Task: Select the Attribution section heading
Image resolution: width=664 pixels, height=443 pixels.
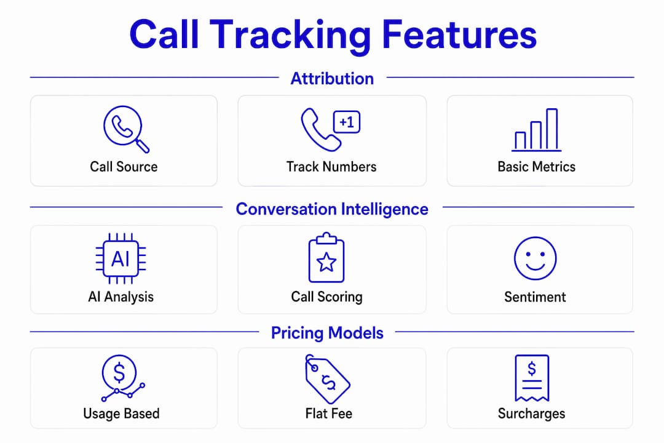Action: pyautogui.click(x=332, y=79)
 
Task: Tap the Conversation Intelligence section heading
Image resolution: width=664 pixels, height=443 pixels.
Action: pyautogui.click(x=332, y=209)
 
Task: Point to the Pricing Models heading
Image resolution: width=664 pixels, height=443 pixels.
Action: pyautogui.click(x=327, y=333)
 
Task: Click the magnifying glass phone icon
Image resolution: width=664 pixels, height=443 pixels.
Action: pyautogui.click(x=126, y=129)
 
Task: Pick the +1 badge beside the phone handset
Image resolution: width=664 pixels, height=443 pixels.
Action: pyautogui.click(x=347, y=122)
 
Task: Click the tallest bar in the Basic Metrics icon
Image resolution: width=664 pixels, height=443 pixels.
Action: pyautogui.click(x=551, y=129)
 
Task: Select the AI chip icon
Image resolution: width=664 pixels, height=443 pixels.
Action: pyautogui.click(x=121, y=258)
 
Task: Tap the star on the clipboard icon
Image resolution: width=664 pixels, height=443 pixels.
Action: pyautogui.click(x=326, y=262)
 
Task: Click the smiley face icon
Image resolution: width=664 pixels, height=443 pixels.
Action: pyautogui.click(x=536, y=258)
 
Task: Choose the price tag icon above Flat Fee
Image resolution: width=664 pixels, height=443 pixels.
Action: pyautogui.click(x=327, y=379)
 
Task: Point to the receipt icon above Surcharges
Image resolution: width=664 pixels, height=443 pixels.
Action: pyautogui.click(x=532, y=378)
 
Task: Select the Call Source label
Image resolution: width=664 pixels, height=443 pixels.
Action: pyautogui.click(x=124, y=167)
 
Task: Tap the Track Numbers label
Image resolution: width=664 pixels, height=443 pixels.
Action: pyautogui.click(x=331, y=167)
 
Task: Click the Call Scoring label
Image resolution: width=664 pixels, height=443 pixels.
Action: pyautogui.click(x=326, y=297)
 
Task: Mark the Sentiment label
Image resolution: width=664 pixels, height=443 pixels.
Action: pyautogui.click(x=535, y=297)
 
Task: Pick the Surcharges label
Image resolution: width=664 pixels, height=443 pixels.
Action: pyautogui.click(x=531, y=413)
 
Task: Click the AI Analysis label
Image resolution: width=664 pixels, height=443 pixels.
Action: pyautogui.click(x=121, y=297)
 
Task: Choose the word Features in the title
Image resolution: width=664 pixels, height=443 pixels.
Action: pyautogui.click(x=459, y=35)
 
